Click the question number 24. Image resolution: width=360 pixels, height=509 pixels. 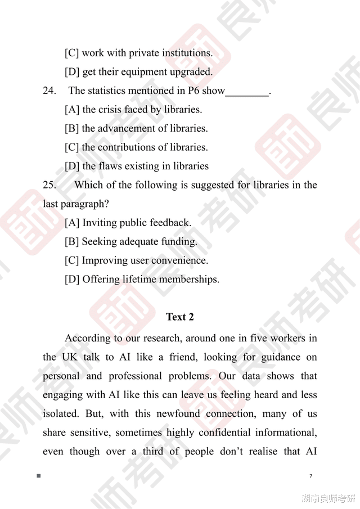[49, 91]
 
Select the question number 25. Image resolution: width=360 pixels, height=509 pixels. [49, 185]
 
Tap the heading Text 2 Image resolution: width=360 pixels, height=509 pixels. [180, 317]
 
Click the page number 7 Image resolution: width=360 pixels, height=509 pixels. [311, 476]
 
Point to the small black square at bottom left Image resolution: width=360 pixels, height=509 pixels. [39, 476]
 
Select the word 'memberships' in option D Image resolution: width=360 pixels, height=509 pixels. [188, 280]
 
